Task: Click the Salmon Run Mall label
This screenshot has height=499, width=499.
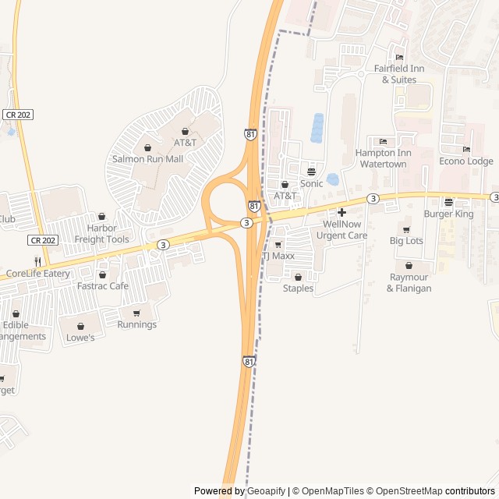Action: tap(147, 158)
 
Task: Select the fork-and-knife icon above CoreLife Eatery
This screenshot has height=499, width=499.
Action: tap(37, 261)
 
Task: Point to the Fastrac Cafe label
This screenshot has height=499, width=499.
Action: tap(103, 286)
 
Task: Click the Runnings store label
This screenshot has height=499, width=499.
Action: tap(137, 324)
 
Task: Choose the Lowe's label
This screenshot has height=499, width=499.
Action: tap(80, 338)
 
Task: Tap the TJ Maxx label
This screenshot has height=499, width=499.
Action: tap(278, 256)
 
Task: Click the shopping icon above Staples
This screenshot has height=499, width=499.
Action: tap(298, 277)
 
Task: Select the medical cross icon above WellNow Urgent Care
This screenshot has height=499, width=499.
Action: tap(342, 212)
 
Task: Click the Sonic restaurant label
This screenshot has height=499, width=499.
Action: tap(311, 183)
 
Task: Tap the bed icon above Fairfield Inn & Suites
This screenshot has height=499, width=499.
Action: tap(399, 57)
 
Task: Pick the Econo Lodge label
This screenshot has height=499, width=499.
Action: tap(466, 161)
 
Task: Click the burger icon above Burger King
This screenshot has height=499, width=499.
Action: tap(448, 202)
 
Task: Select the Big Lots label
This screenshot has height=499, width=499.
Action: tap(406, 241)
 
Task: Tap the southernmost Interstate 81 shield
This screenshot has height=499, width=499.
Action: tap(249, 362)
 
